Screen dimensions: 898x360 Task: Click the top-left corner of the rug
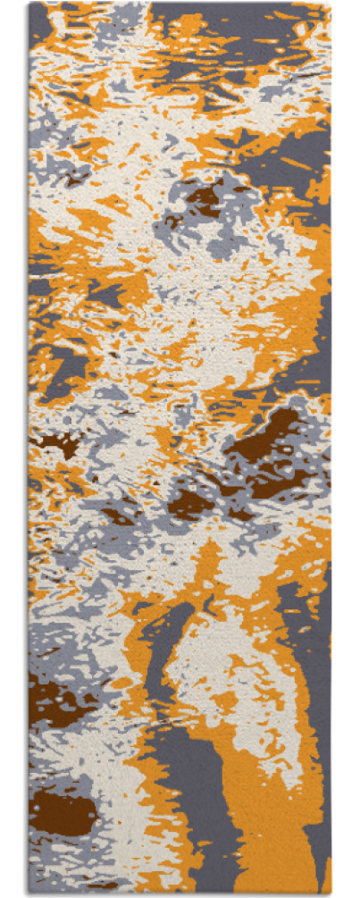[30, 4]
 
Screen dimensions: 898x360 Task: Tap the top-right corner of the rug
[330, 4]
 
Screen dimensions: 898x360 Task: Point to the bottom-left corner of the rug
[30, 893]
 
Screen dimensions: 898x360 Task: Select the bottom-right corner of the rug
[330, 893]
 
